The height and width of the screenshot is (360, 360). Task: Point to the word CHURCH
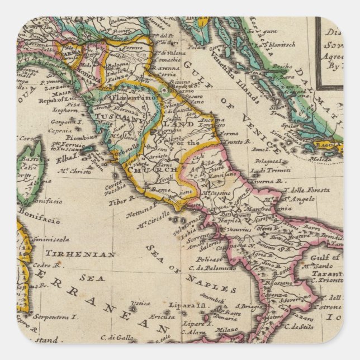click(x=146, y=169)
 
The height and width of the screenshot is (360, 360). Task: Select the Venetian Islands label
click(x=237, y=84)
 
